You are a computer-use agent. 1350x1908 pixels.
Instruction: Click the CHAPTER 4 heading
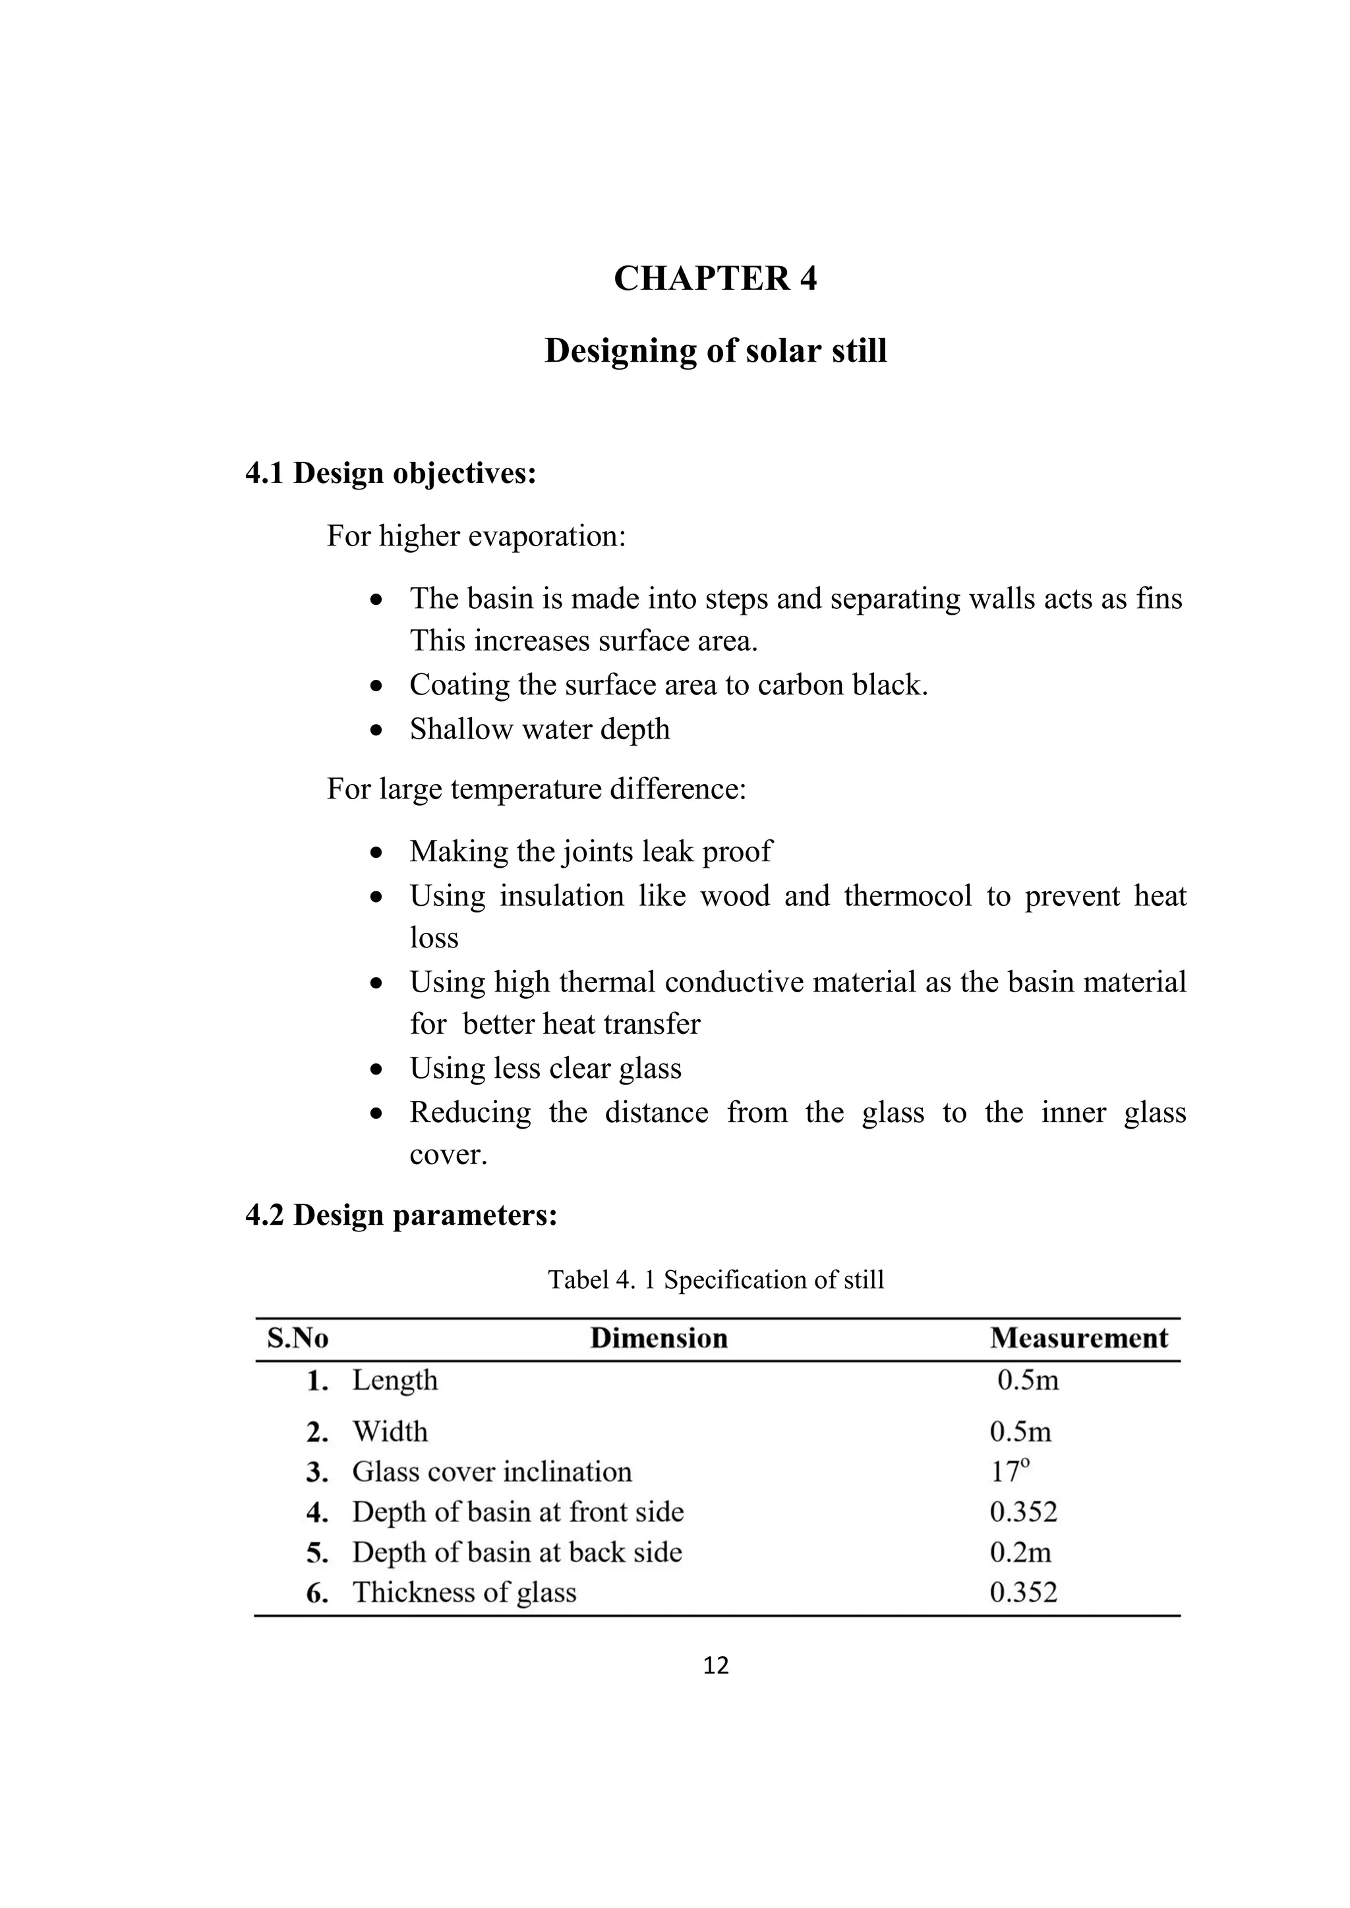click(715, 279)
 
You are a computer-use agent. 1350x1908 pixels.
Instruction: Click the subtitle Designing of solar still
click(715, 351)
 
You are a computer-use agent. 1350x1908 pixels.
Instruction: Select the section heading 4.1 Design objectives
click(391, 473)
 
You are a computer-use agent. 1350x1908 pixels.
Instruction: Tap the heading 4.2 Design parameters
click(401, 1214)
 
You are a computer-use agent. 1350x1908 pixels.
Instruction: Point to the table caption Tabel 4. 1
click(715, 1279)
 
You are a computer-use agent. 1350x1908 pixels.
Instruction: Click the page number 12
click(715, 1664)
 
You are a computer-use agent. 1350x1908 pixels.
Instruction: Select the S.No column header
click(297, 1338)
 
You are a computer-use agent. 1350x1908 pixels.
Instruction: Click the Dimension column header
click(659, 1338)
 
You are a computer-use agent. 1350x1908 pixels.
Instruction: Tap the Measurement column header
click(1078, 1338)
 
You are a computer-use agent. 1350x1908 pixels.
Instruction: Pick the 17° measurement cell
click(1009, 1472)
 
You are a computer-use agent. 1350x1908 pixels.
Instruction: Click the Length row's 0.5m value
click(1028, 1380)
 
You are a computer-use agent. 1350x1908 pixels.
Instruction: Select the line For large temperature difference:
click(536, 789)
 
